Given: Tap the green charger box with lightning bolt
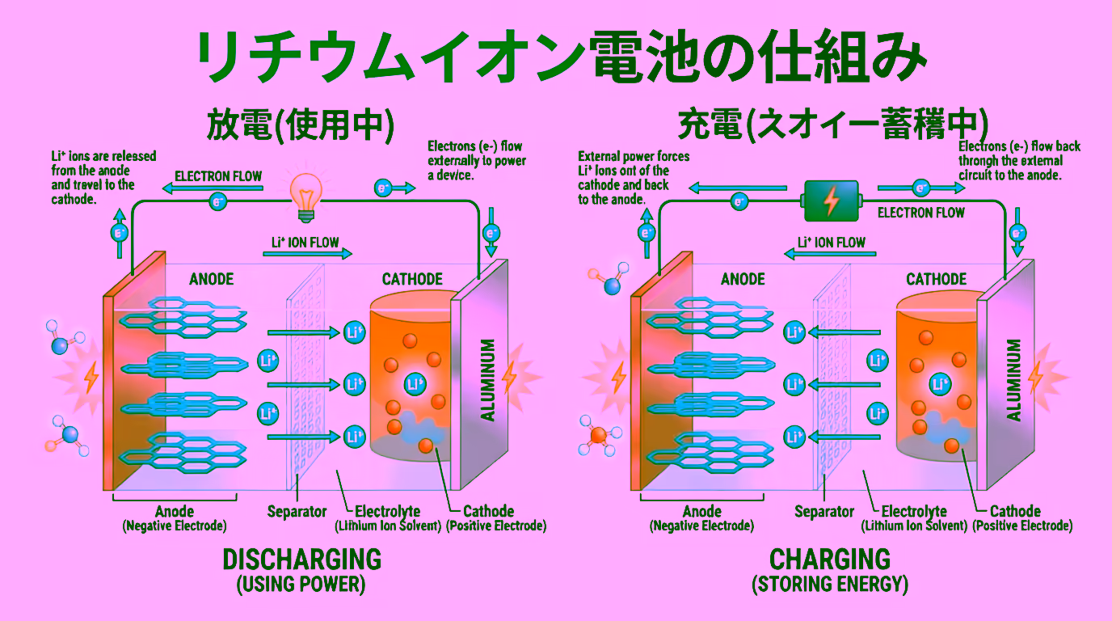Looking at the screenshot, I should point(830,201).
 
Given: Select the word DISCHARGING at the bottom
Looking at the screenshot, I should point(301,559).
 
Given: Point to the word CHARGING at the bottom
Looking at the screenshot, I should point(830,559).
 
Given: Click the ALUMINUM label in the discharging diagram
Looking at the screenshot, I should point(488,380).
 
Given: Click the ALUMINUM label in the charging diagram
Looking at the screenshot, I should point(1013,380).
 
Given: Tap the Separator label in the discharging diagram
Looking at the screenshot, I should point(297,511).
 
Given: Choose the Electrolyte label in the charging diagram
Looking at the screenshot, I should point(914,511).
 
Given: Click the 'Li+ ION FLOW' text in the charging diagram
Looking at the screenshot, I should point(831,242).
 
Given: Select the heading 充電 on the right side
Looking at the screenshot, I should point(833,125).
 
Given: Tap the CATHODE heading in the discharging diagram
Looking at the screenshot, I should point(412,279).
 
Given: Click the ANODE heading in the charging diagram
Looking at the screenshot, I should point(743,279).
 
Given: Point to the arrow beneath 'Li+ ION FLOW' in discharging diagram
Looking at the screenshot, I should point(307,254).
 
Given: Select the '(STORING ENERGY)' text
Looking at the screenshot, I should point(830,584).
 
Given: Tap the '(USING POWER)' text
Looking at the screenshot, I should point(301,584).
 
